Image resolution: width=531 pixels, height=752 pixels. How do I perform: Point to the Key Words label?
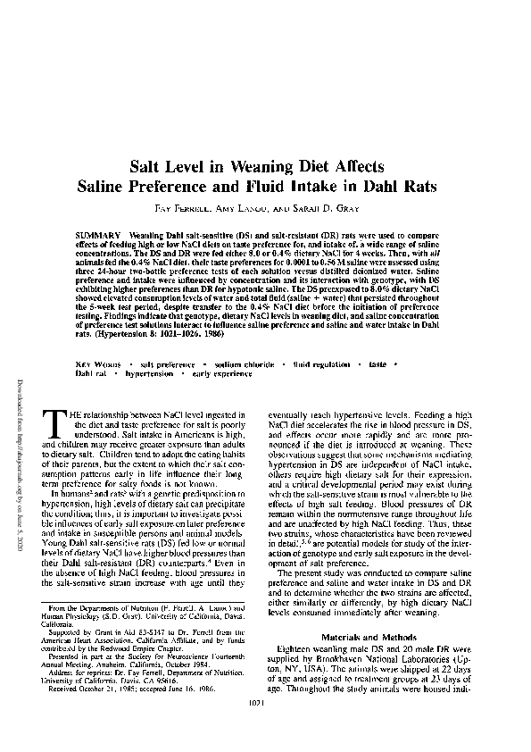tap(92, 390)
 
